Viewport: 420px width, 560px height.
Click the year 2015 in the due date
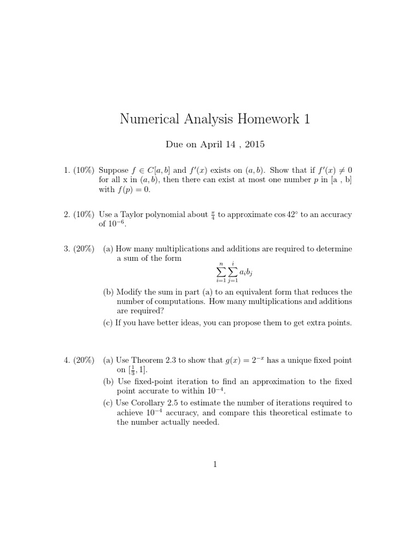[x=254, y=145]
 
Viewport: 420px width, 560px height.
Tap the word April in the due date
[x=209, y=145]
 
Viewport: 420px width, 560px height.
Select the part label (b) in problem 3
[x=108, y=292]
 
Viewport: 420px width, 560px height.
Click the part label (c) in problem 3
[x=108, y=323]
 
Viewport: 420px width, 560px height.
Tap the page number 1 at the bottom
[x=215, y=465]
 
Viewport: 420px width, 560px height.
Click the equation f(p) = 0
[x=132, y=190]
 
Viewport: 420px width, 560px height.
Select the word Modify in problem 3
[x=130, y=292]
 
